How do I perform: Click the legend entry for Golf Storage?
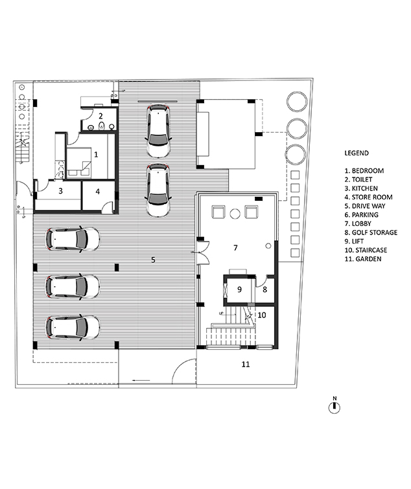click(371, 233)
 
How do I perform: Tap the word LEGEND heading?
click(357, 153)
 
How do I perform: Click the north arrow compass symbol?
click(335, 407)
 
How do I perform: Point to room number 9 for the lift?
click(239, 290)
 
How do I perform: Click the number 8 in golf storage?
click(264, 290)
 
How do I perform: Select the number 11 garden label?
click(246, 364)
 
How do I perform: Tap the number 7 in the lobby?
click(235, 247)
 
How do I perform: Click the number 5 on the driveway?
click(153, 260)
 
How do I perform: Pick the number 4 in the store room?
click(98, 192)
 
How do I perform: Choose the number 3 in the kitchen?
click(60, 190)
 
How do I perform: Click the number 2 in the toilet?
click(100, 116)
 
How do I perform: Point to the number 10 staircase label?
click(261, 315)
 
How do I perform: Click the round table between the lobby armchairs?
click(235, 214)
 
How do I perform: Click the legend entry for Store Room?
click(368, 197)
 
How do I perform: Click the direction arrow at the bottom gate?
click(141, 380)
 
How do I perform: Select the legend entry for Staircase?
click(366, 250)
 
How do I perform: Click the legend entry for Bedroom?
click(364, 170)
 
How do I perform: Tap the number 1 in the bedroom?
click(96, 154)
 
